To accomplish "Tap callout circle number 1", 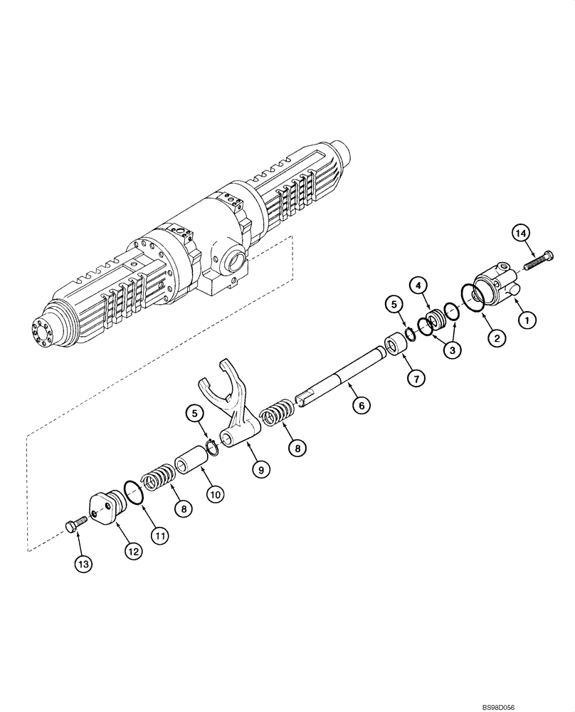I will click(527, 322).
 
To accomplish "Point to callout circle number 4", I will click(421, 286).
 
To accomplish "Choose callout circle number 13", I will click(83, 565).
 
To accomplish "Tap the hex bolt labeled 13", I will click(73, 525).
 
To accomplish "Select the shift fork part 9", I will click(231, 413).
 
